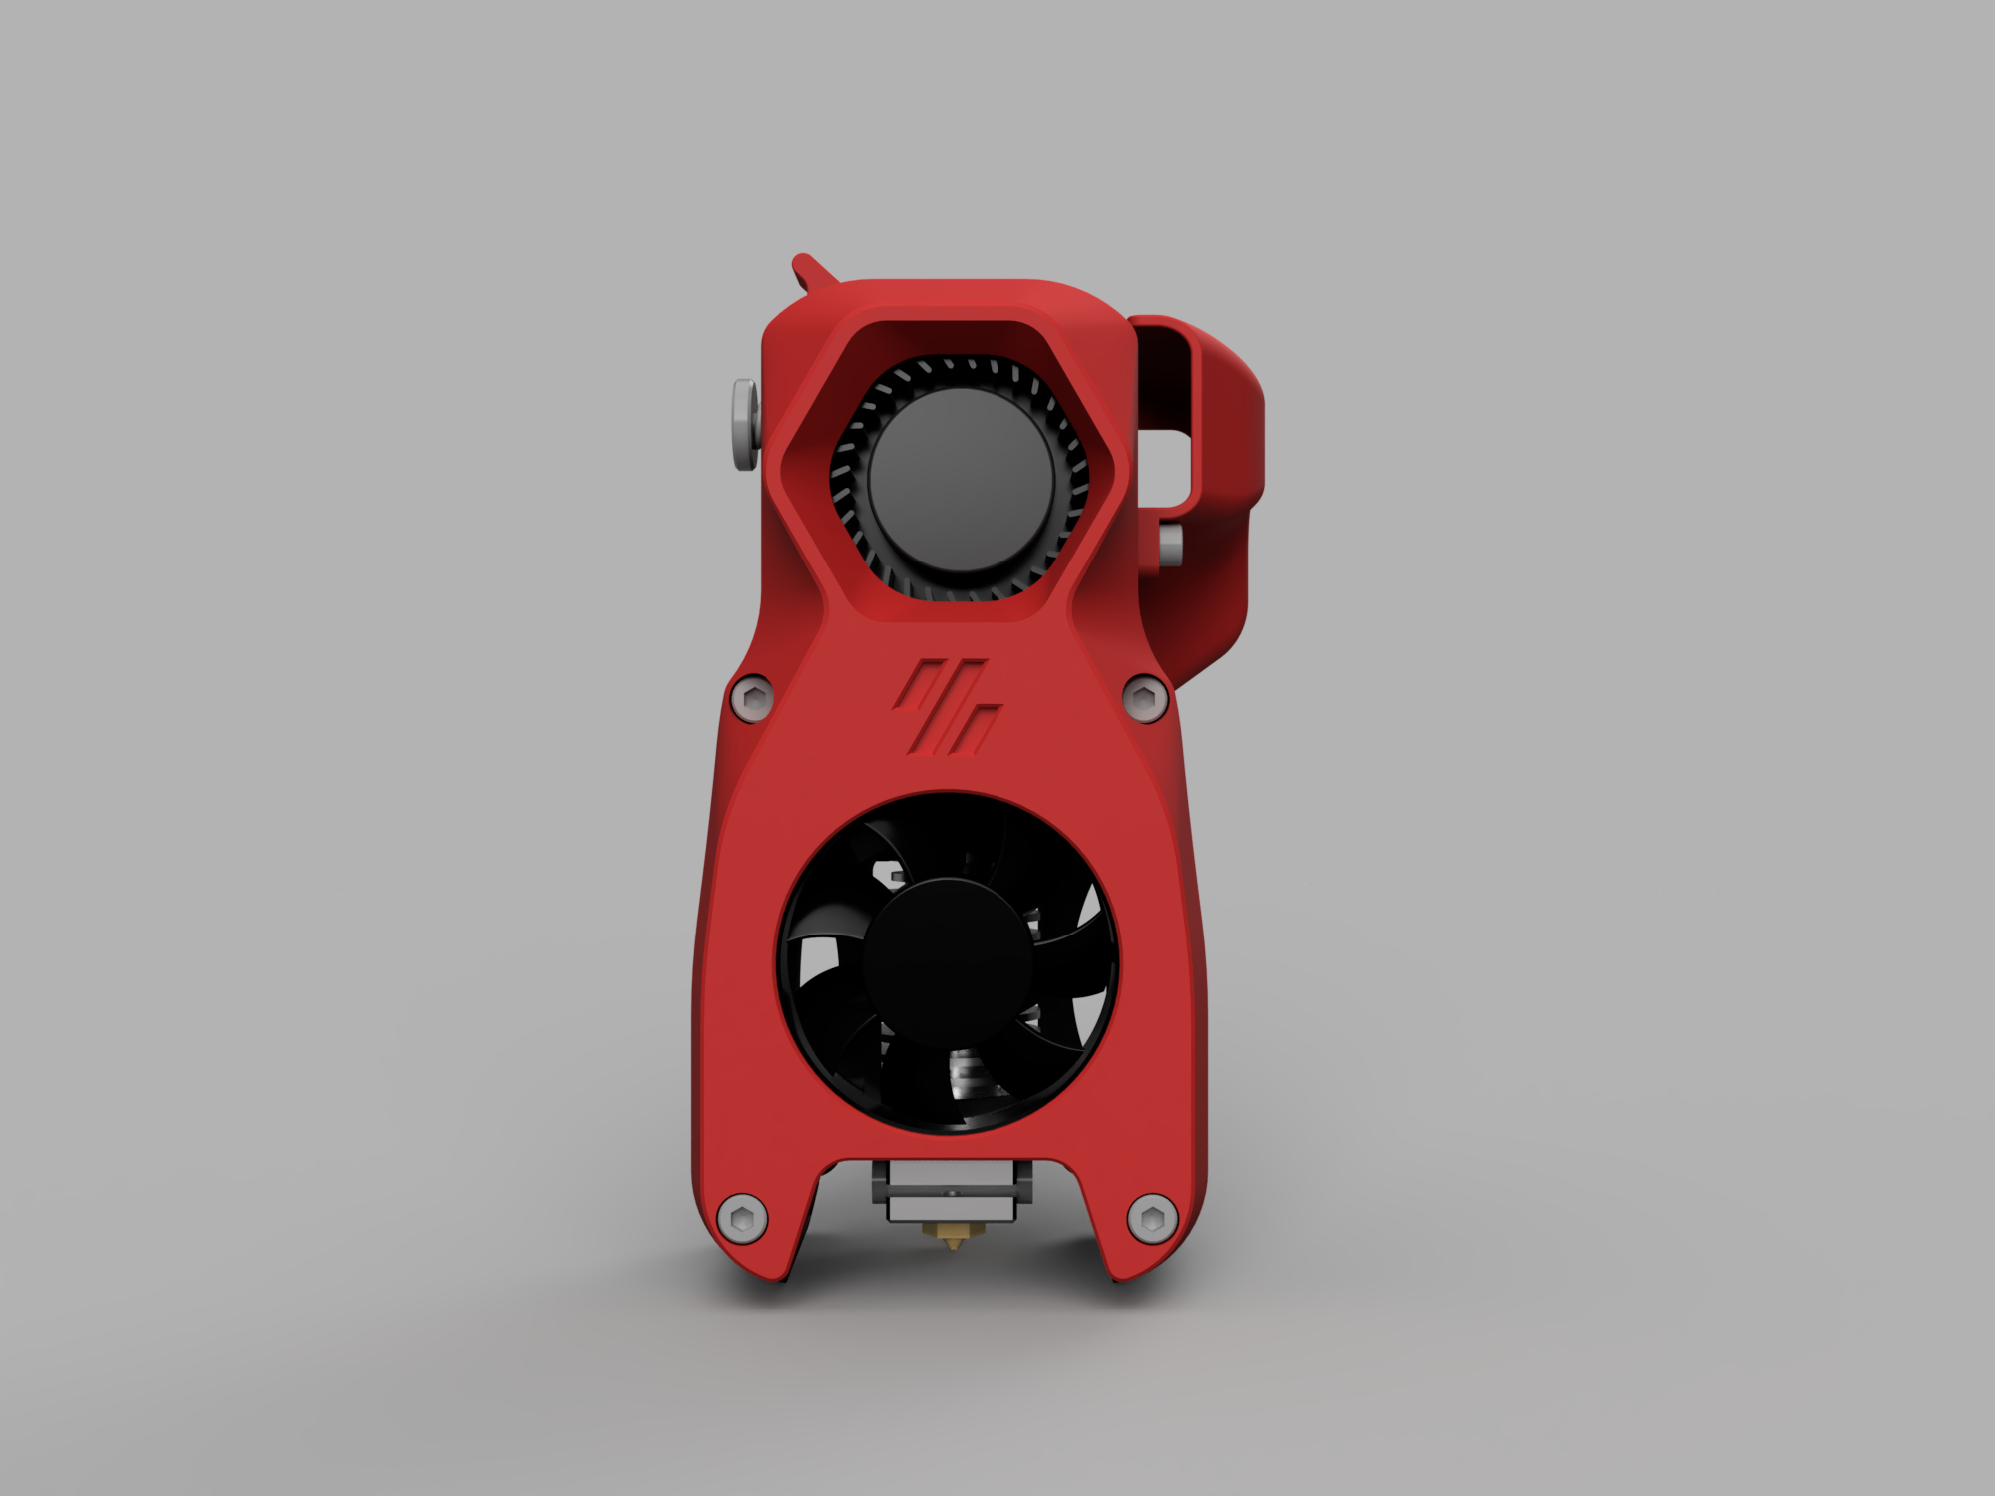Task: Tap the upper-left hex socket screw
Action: (752, 698)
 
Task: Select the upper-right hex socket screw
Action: (1146, 698)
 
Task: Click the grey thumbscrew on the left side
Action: (744, 424)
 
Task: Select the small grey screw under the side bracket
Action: (1170, 543)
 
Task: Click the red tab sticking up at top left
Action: (810, 269)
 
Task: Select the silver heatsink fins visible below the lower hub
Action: (964, 1077)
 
